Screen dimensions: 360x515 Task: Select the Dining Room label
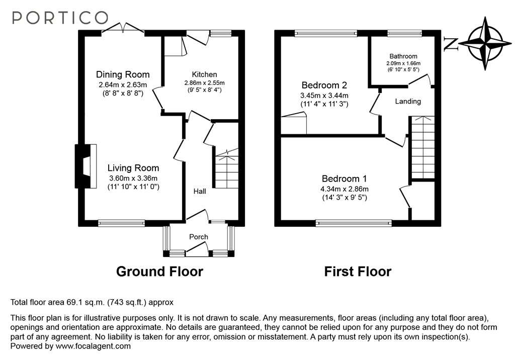click(x=123, y=75)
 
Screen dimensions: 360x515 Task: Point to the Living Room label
click(x=134, y=168)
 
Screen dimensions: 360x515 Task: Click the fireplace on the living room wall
click(x=85, y=166)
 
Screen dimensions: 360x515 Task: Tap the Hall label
click(x=200, y=192)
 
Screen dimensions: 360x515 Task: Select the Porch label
click(x=198, y=237)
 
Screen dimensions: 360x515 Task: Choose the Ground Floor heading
click(x=159, y=272)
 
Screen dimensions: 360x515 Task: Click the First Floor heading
click(x=358, y=272)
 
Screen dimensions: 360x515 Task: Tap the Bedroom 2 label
click(x=324, y=85)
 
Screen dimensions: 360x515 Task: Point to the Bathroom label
click(x=403, y=56)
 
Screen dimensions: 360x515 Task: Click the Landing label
click(x=407, y=101)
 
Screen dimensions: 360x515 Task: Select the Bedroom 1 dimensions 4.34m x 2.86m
click(x=345, y=189)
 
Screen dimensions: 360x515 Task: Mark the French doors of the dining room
click(x=123, y=30)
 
